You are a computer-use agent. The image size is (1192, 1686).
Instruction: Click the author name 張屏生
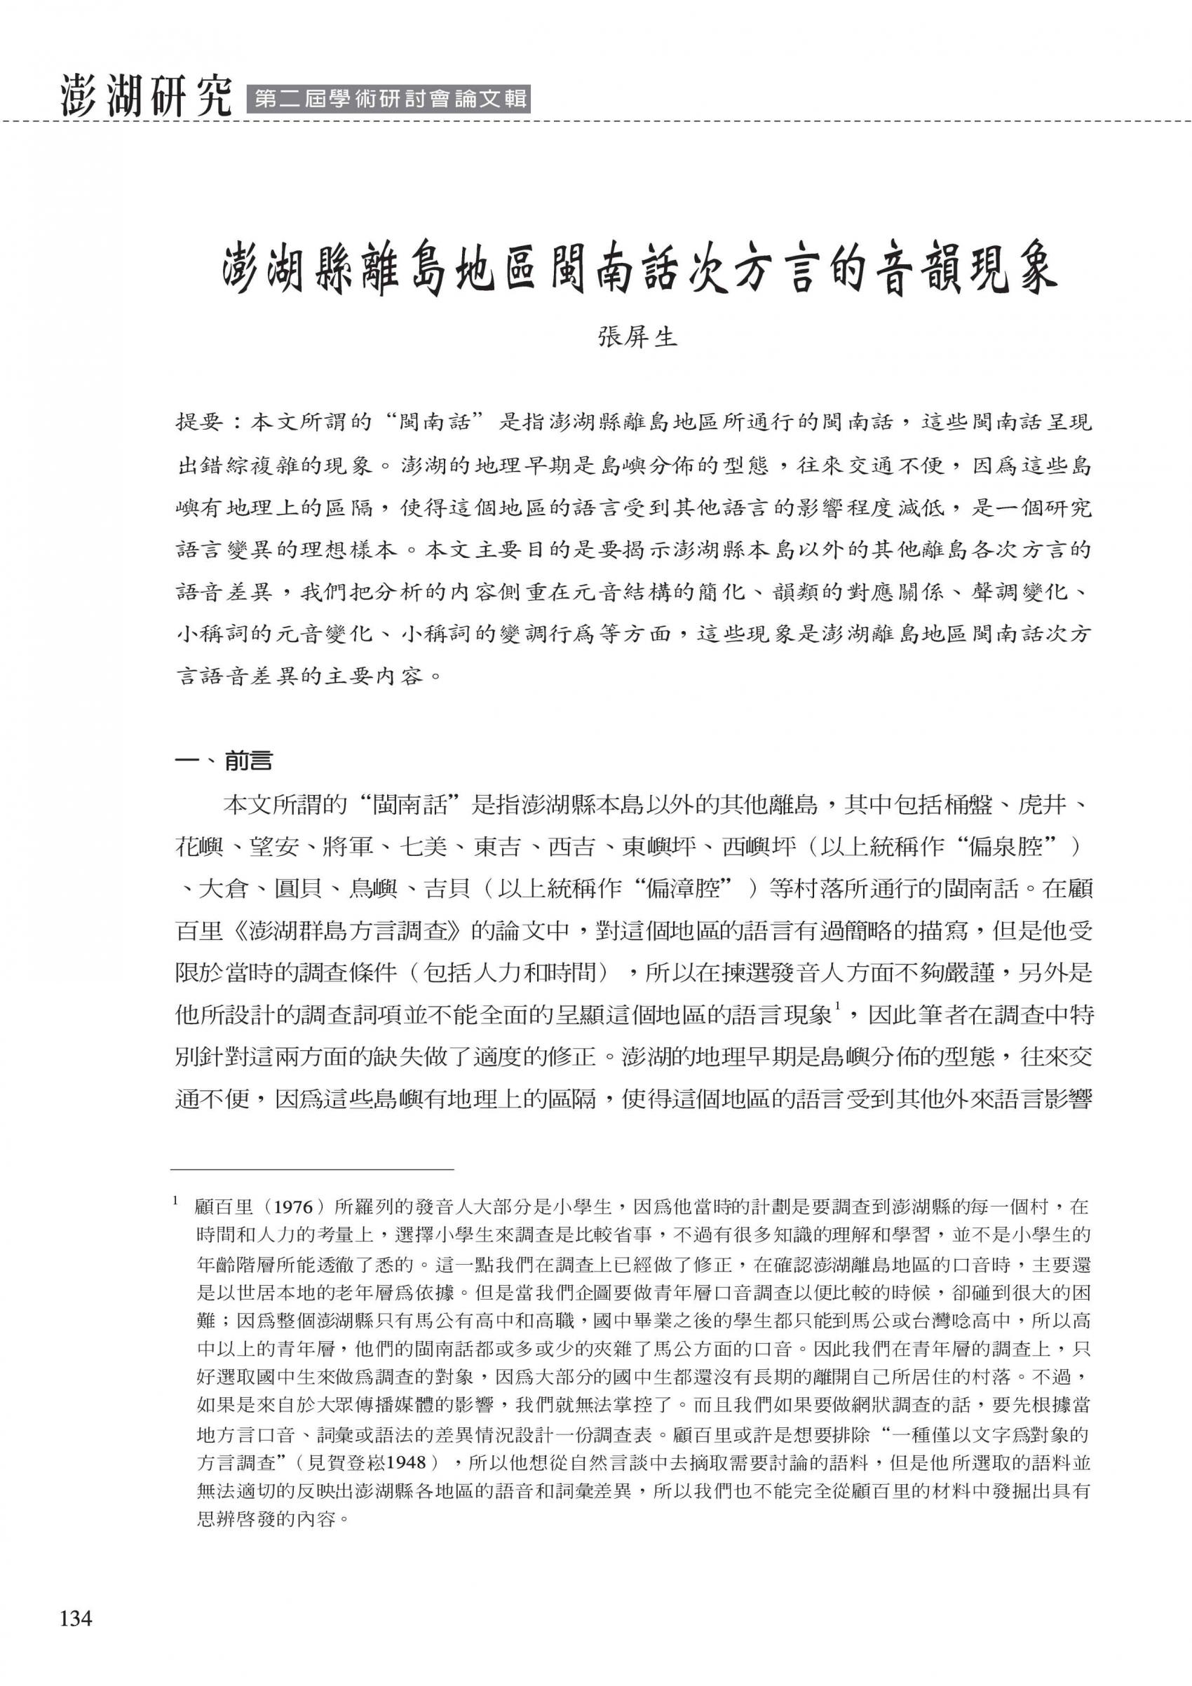point(637,338)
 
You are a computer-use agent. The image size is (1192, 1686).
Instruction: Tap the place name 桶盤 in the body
point(973,805)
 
